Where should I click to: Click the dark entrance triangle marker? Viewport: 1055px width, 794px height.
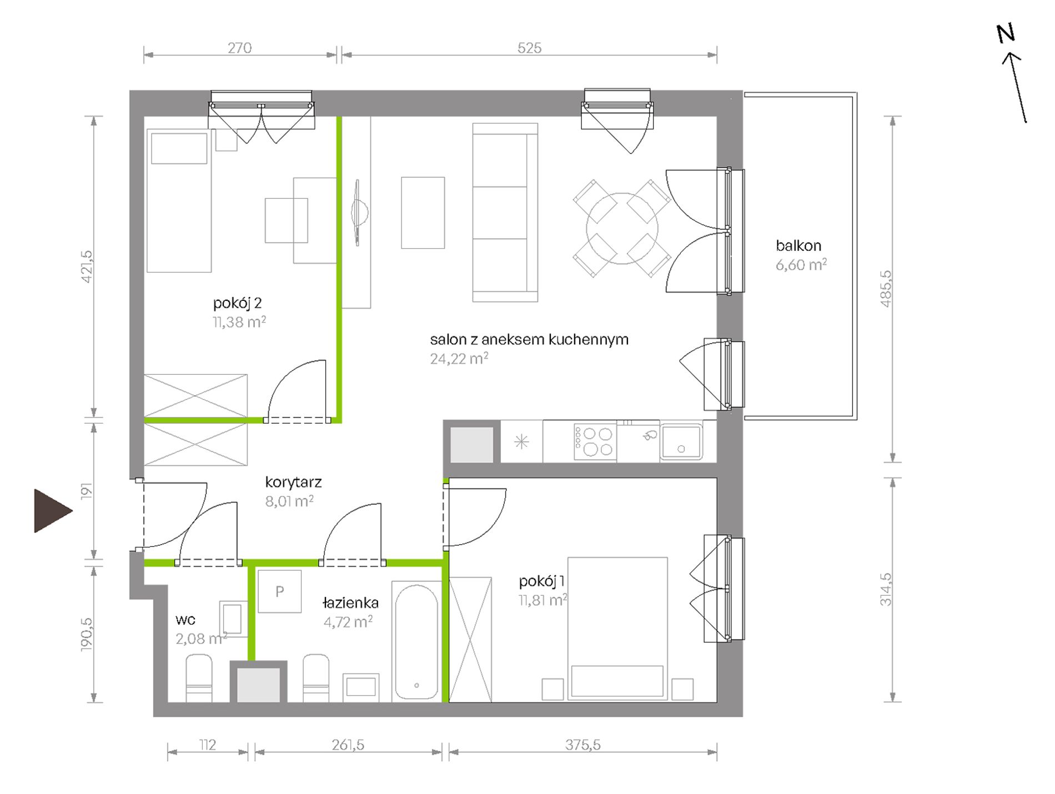(50, 511)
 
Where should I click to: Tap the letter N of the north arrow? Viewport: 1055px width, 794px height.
(1006, 34)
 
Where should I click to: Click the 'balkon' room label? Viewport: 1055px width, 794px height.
(798, 245)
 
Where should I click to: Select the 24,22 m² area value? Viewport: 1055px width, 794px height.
(459, 358)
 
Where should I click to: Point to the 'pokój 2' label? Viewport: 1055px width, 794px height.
(237, 303)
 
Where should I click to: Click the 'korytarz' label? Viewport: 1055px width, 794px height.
(293, 483)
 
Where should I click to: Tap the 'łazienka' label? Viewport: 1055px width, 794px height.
(351, 602)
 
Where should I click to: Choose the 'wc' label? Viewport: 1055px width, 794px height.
(185, 620)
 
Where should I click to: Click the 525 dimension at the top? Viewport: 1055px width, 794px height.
(529, 48)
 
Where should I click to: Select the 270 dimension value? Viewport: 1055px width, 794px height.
(239, 48)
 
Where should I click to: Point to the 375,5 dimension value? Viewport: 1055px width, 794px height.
(583, 745)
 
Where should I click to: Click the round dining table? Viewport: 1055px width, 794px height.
(622, 228)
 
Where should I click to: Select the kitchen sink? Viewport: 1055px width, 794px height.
(681, 441)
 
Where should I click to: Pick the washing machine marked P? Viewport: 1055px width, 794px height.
(280, 591)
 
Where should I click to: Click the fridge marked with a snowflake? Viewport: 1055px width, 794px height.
(521, 441)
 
